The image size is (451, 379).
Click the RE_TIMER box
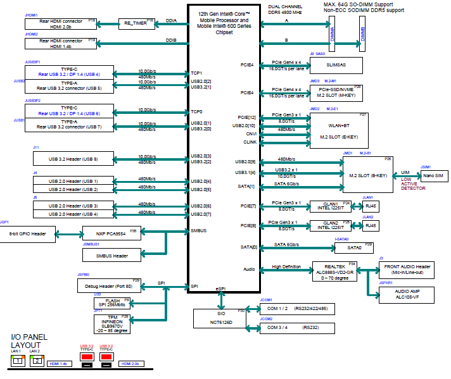136,24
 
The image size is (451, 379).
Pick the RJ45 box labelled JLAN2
370,226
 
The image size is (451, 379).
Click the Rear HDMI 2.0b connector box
61,24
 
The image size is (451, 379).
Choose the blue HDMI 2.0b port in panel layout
132,364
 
